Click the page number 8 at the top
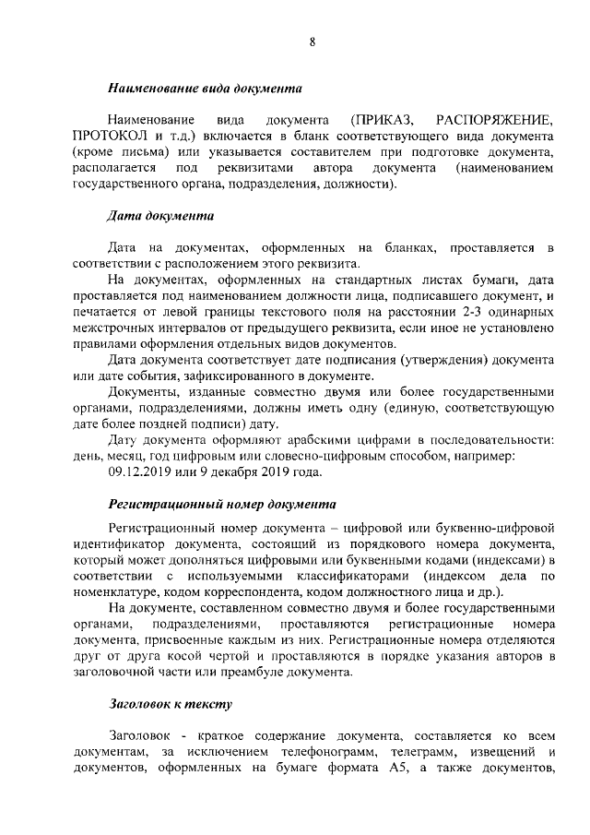click(313, 41)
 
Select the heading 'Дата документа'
click(160, 217)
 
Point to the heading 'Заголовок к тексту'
click(170, 704)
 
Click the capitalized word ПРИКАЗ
click(382, 121)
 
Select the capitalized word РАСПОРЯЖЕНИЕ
click(497, 121)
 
